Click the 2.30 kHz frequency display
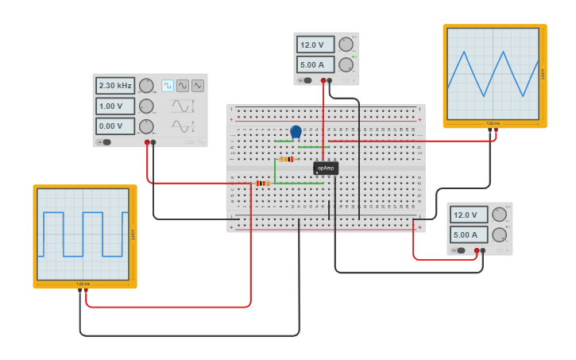115,86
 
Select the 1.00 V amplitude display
115,106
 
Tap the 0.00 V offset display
115,126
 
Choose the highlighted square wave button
168,86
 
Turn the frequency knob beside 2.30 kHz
146,86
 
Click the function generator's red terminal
147,142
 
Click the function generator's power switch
104,142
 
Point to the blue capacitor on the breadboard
296,132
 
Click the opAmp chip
326,168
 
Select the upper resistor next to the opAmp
287,159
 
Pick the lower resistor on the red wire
262,183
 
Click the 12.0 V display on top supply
313,45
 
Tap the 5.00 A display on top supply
313,64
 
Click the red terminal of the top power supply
323,80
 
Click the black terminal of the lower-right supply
483,250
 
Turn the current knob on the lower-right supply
500,234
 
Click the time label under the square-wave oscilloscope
83,284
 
